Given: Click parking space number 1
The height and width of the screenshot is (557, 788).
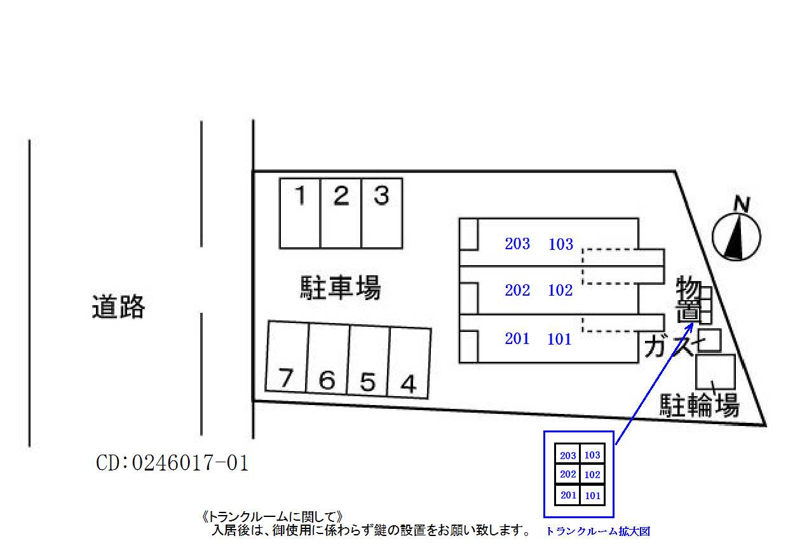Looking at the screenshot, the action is pyautogui.click(x=300, y=213).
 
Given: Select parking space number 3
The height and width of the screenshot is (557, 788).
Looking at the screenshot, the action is pyautogui.click(x=381, y=213).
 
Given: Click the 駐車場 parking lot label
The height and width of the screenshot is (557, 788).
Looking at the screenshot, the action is pyautogui.click(x=340, y=288).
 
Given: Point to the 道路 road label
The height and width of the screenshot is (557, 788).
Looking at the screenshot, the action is pyautogui.click(x=118, y=307).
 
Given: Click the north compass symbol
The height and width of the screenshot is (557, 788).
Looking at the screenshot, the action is pyautogui.click(x=736, y=236).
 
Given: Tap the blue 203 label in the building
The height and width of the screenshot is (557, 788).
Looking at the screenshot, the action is pyautogui.click(x=517, y=244).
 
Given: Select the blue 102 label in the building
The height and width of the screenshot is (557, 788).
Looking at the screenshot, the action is pyautogui.click(x=560, y=291).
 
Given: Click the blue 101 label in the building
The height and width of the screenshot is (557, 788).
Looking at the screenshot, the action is pyautogui.click(x=560, y=340).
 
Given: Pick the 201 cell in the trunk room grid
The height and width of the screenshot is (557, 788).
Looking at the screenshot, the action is pyautogui.click(x=568, y=495).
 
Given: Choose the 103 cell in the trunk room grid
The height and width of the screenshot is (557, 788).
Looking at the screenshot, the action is pyautogui.click(x=592, y=455).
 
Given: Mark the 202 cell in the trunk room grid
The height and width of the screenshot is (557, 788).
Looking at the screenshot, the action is pyautogui.click(x=568, y=474).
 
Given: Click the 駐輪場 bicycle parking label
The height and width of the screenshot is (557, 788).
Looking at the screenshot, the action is pyautogui.click(x=699, y=405).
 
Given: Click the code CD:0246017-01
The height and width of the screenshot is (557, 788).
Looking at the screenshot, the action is pyautogui.click(x=172, y=463).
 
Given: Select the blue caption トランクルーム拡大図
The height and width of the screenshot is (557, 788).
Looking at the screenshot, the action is pyautogui.click(x=597, y=532).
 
